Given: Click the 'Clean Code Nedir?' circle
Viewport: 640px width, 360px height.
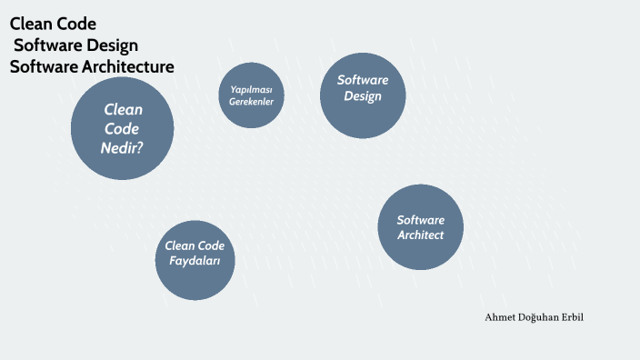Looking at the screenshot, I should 122,128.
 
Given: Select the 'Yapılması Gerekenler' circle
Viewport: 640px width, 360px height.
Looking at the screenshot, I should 252,95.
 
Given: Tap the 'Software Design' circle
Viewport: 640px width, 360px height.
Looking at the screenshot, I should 362,95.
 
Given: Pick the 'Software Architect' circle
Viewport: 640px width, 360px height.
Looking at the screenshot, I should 420,227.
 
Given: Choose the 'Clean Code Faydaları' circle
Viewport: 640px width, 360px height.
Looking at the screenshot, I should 195,260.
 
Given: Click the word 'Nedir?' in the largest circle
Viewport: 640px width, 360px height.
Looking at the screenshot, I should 123,146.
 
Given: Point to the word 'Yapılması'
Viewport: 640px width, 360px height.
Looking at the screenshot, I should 252,89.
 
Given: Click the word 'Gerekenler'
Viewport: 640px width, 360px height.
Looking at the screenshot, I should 252,102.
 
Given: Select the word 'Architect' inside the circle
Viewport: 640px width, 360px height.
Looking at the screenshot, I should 420,235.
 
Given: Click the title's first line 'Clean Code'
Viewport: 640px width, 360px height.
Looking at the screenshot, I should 53,24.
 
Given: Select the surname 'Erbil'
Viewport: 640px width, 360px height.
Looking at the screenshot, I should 582,315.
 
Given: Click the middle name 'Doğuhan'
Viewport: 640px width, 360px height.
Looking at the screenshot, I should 543,315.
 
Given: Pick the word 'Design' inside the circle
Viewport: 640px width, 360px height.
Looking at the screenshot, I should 362,96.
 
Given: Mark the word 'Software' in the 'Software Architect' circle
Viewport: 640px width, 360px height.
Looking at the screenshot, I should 420,220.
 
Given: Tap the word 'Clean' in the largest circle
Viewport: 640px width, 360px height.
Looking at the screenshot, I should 124,110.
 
